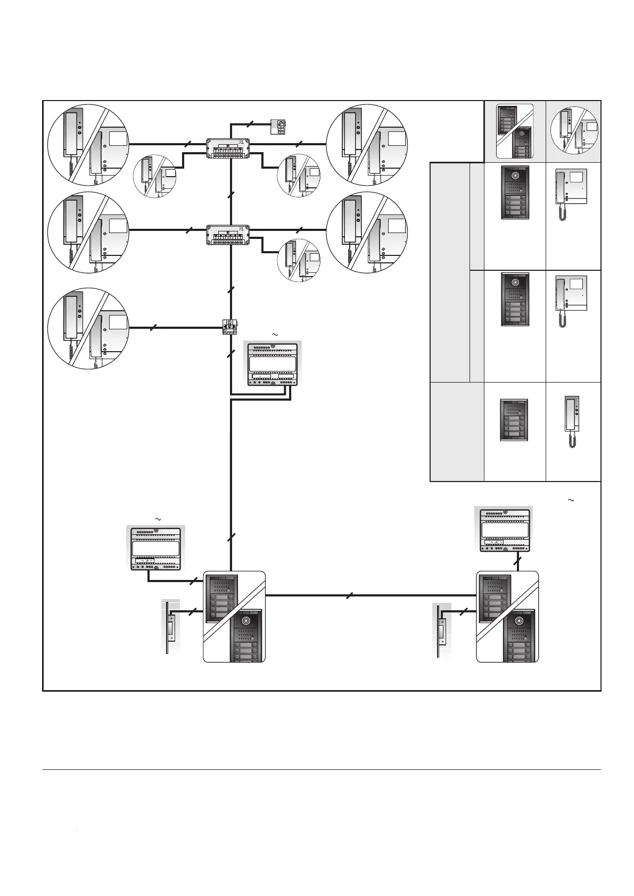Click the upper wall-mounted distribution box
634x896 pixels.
pos(229,148)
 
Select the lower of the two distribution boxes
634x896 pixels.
pos(229,235)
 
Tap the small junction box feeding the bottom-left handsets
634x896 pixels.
pos(230,327)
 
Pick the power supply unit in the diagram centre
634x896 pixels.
pos(273,363)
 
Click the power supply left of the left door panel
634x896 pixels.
pos(155,548)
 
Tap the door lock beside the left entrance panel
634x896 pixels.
pos(170,627)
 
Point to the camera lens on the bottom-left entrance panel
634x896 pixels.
pos(245,621)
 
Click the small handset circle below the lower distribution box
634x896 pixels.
pos(299,260)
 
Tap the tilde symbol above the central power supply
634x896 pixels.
pos(275,334)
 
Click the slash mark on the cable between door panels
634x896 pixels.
pos(348,596)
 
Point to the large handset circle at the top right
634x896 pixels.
pos(366,145)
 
